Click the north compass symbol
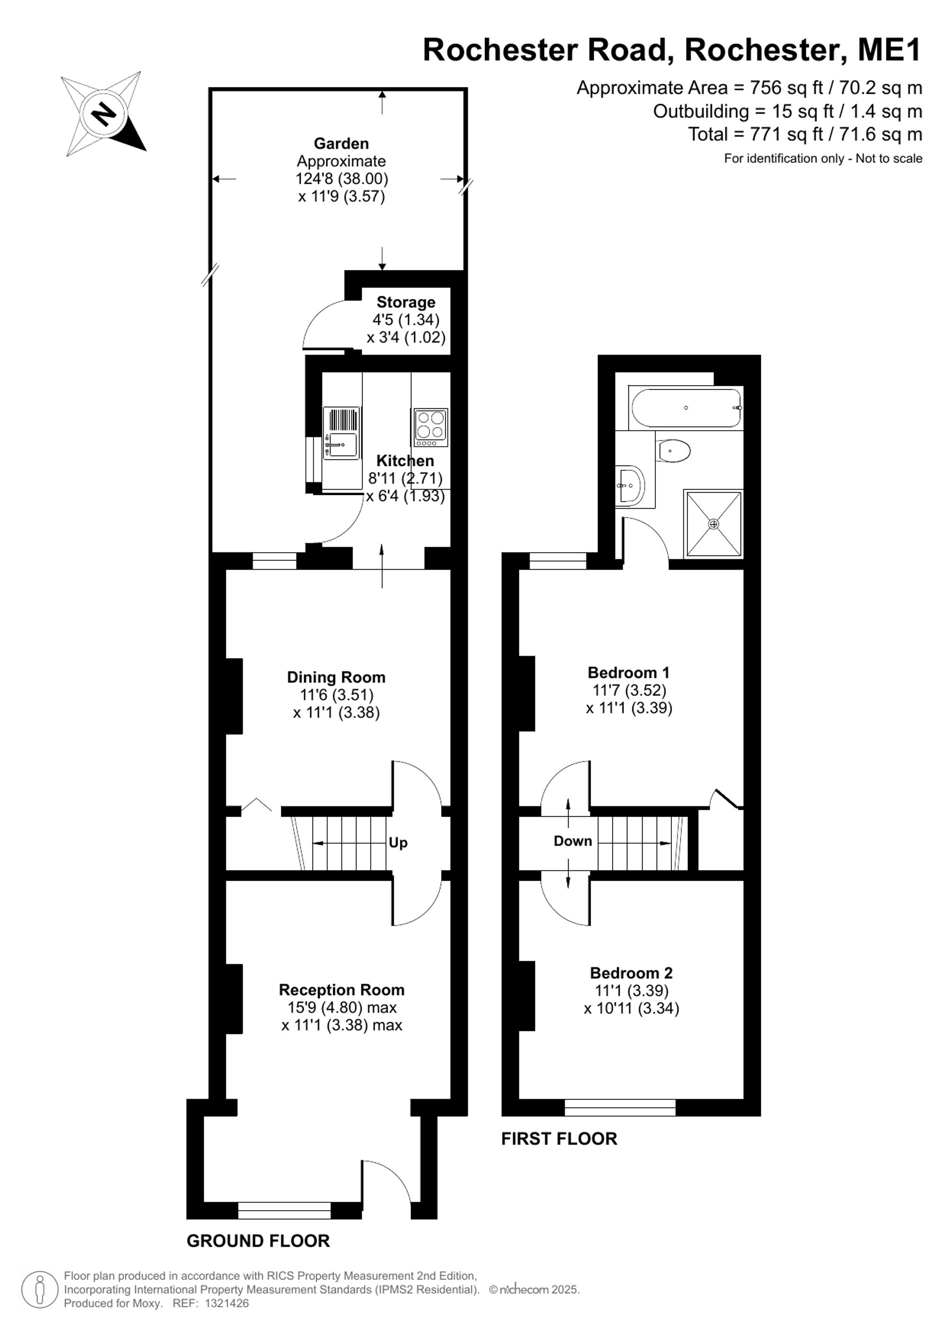click(104, 114)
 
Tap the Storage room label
click(406, 302)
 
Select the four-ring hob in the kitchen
click(431, 427)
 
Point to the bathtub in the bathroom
click(687, 407)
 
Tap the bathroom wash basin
click(629, 484)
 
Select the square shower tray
click(714, 524)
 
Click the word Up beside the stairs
click(398, 843)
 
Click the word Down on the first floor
click(572, 841)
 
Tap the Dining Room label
click(336, 677)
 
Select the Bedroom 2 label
click(632, 973)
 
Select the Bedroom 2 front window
click(620, 1107)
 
